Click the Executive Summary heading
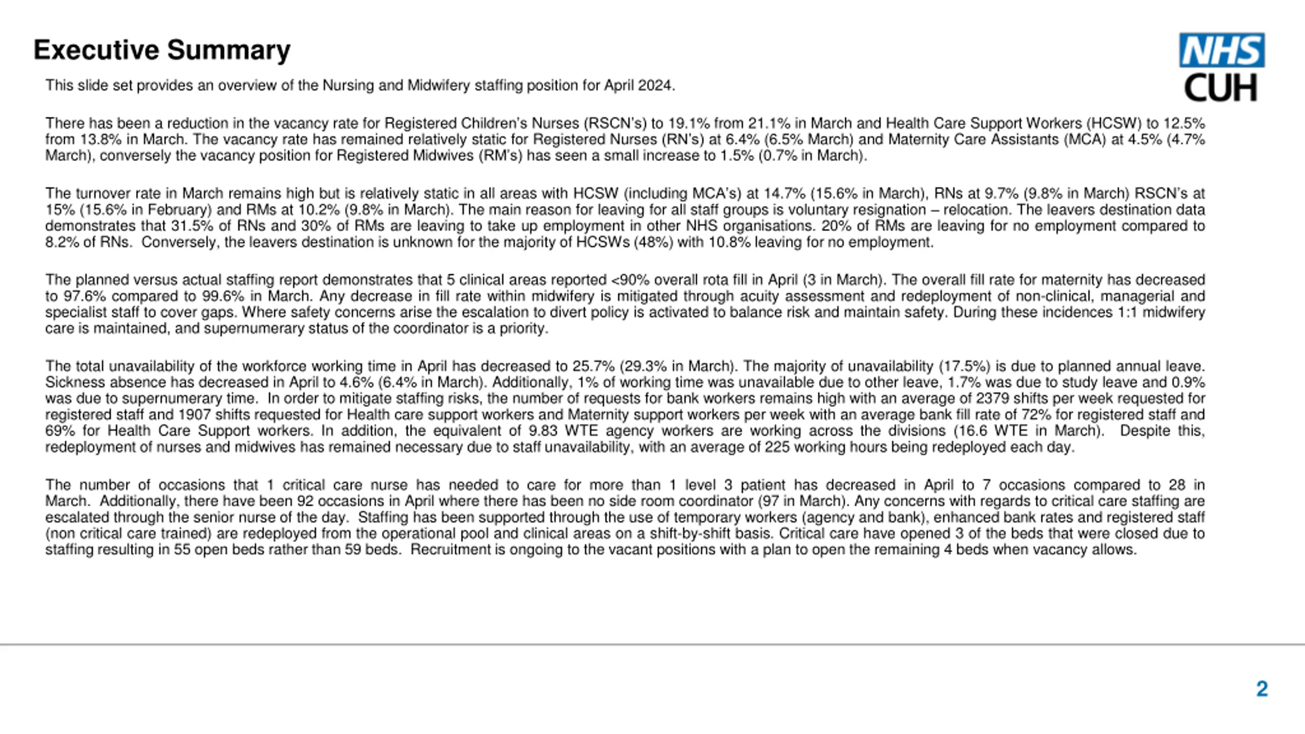162,50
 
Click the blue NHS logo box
1221,50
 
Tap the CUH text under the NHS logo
1220,88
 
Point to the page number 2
1262,689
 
